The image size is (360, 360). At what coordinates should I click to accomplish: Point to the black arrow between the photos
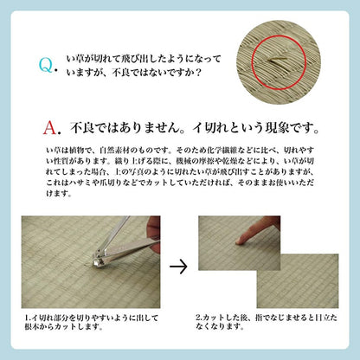tap(179, 265)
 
